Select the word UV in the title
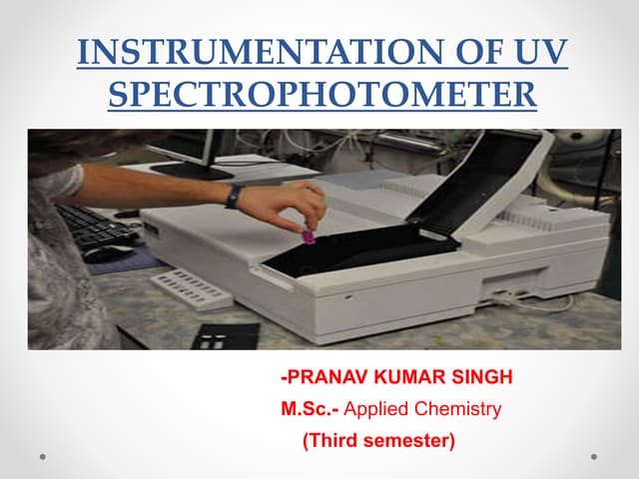point(540,51)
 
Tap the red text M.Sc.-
point(308,408)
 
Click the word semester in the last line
point(407,437)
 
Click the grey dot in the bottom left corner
point(43,457)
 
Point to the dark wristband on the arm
point(234,196)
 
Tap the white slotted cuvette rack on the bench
point(191,289)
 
